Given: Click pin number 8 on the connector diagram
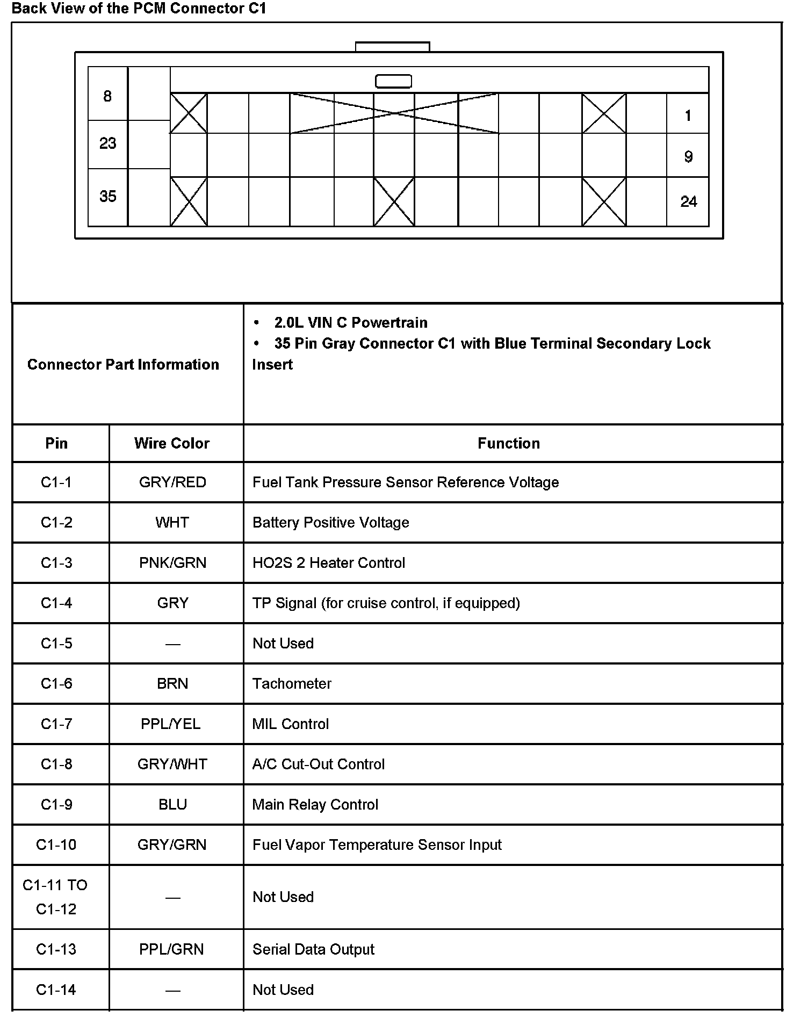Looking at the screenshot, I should coord(107,96).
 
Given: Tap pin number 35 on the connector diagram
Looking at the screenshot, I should coord(107,197).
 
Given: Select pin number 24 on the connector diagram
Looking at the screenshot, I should coord(688,202).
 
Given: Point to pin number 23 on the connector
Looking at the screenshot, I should coord(107,143).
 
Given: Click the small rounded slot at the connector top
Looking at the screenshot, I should coord(393,81).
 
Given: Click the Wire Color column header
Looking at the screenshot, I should coord(172,443).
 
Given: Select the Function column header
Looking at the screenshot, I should coord(509,443).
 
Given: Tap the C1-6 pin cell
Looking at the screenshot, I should coord(56,683).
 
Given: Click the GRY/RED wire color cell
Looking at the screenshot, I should coord(172,482).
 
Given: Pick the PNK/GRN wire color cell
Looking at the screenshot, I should coord(172,562).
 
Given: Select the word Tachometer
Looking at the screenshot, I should coord(292,683).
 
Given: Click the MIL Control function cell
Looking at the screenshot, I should coord(291,724).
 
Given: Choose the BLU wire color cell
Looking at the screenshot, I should coord(172,804).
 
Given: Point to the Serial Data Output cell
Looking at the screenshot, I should coord(313,949).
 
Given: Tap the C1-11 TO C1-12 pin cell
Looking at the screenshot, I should coord(56,897).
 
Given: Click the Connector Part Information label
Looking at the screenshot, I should coord(123,364).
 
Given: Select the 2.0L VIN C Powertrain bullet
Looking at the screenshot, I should coord(351,322).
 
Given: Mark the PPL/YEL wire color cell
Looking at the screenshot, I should coord(171,724).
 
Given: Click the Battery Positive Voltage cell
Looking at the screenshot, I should coord(331,522).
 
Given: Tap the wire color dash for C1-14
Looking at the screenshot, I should coord(172,990).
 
